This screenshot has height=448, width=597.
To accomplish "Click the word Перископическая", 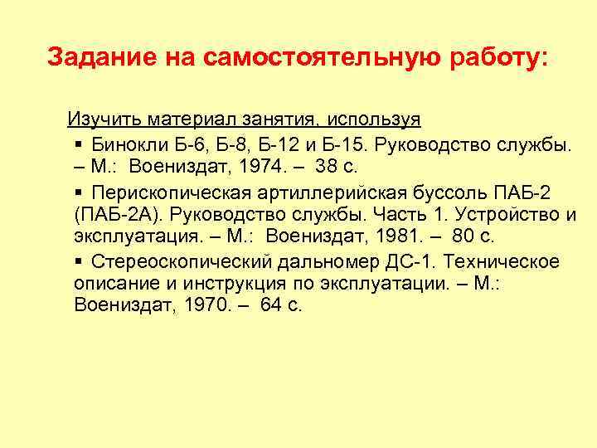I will (165, 192).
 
